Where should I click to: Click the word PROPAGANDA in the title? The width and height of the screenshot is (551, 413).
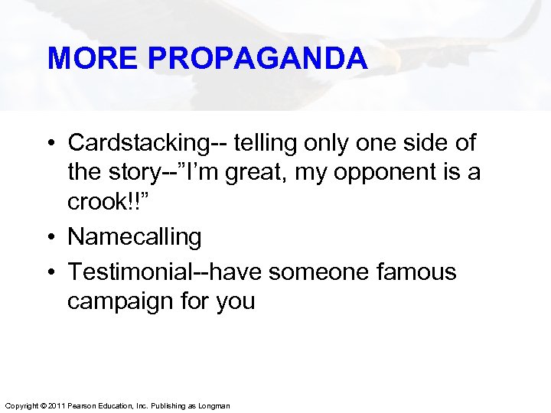click(262, 58)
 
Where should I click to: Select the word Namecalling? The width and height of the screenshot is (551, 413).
click(135, 237)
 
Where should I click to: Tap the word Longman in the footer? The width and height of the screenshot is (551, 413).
click(214, 405)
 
